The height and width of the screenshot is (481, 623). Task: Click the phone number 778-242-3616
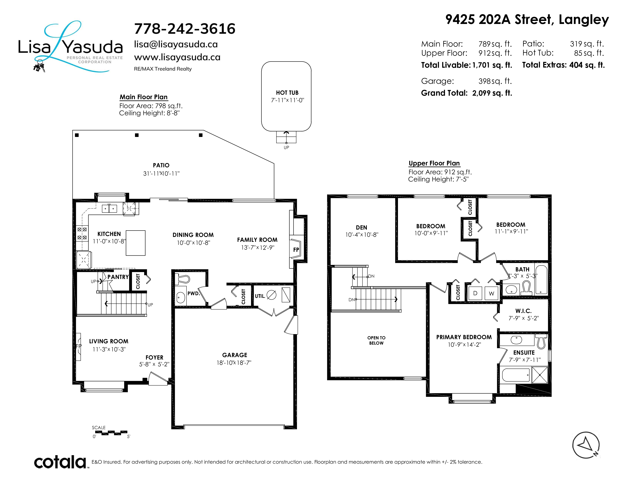pyautogui.click(x=185, y=29)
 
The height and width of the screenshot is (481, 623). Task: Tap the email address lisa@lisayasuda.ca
pyautogui.click(x=176, y=44)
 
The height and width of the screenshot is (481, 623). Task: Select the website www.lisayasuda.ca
pyautogui.click(x=177, y=57)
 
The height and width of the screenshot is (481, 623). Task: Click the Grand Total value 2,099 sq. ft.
pyautogui.click(x=492, y=93)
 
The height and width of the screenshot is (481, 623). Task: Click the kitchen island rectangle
pyautogui.click(x=136, y=243)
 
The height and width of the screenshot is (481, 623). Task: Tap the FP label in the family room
pyautogui.click(x=296, y=250)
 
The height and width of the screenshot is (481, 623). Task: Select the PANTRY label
pyautogui.click(x=118, y=277)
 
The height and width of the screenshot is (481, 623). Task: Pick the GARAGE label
pyautogui.click(x=234, y=355)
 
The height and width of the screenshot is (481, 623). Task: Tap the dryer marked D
pyautogui.click(x=475, y=293)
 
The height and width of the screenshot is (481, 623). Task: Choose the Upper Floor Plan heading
pyautogui.click(x=434, y=163)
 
